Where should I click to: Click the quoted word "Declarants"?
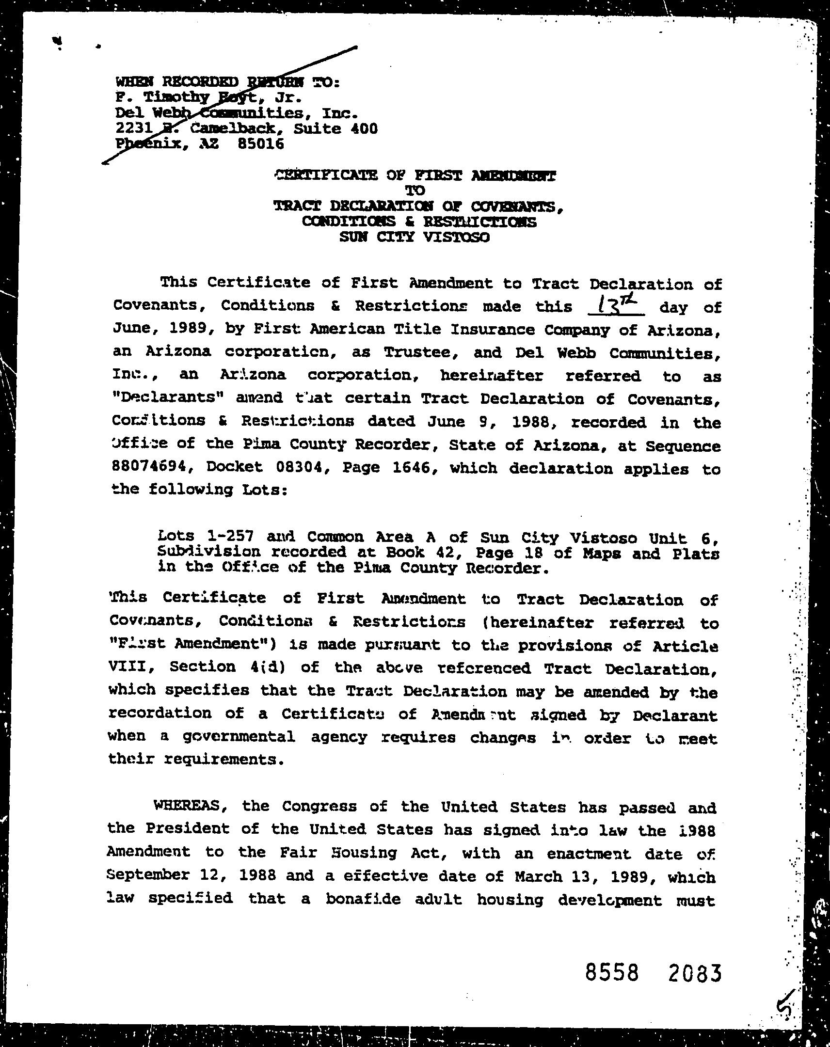tap(169, 398)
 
